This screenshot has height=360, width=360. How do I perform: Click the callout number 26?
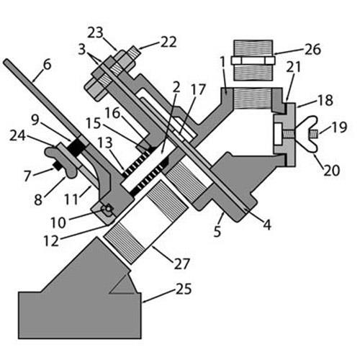312,50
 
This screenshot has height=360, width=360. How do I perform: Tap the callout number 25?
184,289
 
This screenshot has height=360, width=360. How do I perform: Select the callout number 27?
182,264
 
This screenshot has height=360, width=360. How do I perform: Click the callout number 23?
95,32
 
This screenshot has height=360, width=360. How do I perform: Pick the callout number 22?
168,42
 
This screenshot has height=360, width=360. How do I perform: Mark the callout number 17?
198,89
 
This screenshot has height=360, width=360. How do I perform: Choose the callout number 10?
58,222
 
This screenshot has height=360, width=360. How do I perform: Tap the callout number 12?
51,240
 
